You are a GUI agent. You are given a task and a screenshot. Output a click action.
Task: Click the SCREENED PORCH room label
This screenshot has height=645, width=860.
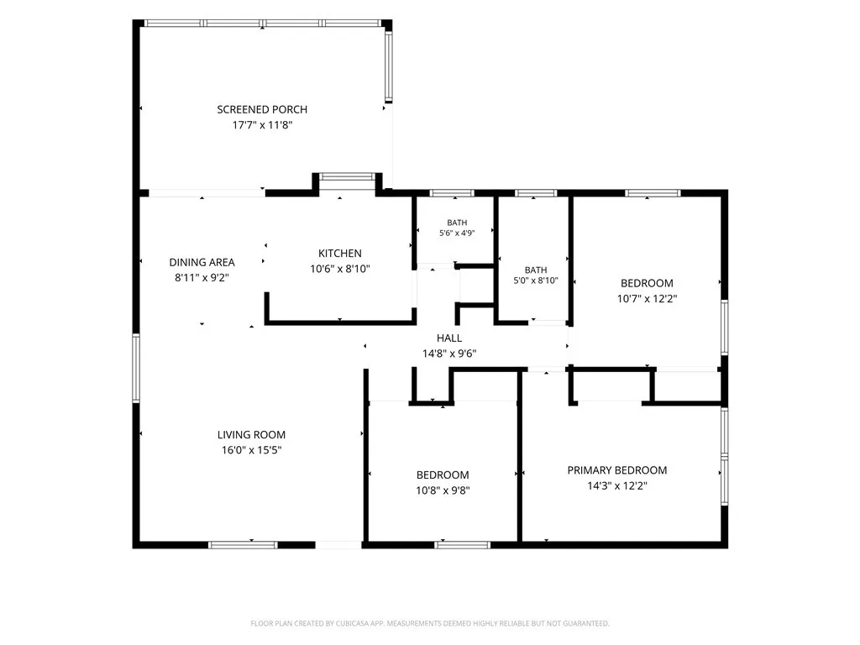coord(262,110)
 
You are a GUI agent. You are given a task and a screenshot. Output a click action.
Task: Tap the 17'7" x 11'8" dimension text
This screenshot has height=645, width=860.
coord(262,125)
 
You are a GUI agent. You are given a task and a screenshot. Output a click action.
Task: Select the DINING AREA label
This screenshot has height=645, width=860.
coord(202,262)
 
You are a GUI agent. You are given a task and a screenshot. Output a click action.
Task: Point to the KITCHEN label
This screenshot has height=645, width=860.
coord(340,254)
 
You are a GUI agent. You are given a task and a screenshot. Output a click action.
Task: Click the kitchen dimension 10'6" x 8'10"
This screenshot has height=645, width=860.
coord(340,269)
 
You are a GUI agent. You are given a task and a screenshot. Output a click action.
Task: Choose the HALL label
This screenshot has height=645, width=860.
coord(449,338)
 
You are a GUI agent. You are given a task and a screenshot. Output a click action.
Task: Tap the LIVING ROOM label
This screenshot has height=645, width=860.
coord(251,435)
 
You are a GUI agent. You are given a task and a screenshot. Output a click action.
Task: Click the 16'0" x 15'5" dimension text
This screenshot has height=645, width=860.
coord(251,450)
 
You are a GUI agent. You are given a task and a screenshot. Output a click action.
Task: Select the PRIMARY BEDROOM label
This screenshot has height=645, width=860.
coord(617,470)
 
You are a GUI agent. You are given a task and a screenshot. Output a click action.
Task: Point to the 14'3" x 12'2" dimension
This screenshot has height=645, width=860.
coord(617,485)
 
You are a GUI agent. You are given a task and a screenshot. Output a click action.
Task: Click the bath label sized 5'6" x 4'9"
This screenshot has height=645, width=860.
coord(457,223)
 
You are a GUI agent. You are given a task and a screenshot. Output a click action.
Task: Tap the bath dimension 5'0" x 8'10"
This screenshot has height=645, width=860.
coord(536,281)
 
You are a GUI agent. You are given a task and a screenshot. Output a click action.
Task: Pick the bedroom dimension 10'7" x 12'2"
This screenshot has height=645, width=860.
coord(648,299)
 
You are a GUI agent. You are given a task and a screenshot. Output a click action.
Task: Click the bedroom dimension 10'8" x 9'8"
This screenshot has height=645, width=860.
coord(443,490)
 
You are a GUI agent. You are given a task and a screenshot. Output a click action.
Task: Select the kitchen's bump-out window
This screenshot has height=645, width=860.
coord(347,176)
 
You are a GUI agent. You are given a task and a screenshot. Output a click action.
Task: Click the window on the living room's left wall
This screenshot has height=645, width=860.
coord(136,368)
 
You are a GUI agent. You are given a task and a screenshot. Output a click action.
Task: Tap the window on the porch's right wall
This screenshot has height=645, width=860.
coord(388,66)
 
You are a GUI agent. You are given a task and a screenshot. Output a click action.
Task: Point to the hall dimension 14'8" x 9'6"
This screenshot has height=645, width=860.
coord(449,354)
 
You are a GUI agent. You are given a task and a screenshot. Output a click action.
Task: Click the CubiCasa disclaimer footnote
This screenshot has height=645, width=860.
coord(430,624)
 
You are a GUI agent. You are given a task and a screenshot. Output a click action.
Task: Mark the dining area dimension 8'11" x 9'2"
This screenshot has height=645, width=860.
coord(202,277)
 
